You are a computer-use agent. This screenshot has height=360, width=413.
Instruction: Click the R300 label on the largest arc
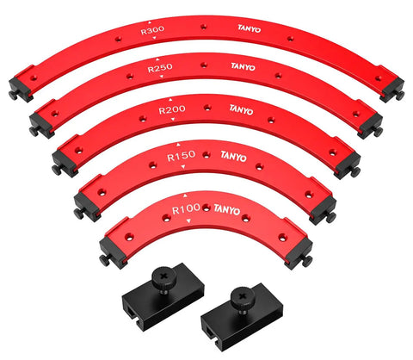pos(152,30)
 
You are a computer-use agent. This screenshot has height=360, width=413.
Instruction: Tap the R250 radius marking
pos(160,68)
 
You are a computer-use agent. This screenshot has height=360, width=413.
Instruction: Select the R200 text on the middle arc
pos(172,110)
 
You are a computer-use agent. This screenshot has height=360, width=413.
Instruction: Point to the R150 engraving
pos(182,156)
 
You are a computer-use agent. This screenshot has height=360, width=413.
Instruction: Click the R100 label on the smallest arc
pos(186,209)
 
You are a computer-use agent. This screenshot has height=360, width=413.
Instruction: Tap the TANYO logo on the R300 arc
pos(249,28)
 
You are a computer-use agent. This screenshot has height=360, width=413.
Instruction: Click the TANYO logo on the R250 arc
pos(243,66)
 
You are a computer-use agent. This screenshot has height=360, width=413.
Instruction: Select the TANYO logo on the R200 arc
pos(241,109)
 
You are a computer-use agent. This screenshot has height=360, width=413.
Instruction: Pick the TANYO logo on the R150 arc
pos(233,157)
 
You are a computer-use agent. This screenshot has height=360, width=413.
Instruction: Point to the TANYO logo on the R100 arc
pos(227,209)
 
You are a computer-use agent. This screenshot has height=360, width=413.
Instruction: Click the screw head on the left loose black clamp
pos(163,276)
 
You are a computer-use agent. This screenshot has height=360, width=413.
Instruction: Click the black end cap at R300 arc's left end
pos(20,89)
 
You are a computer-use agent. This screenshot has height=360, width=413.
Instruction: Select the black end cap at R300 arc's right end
pos(392,90)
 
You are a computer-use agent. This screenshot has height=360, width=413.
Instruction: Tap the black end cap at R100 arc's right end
pos(299,253)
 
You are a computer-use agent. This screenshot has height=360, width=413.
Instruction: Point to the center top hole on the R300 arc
pos(204,27)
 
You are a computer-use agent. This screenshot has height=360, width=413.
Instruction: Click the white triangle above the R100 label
pos(185,196)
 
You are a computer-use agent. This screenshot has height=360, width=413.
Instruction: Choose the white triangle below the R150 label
pos(183,166)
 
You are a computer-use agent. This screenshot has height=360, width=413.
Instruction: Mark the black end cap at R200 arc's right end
pos(348,164)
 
